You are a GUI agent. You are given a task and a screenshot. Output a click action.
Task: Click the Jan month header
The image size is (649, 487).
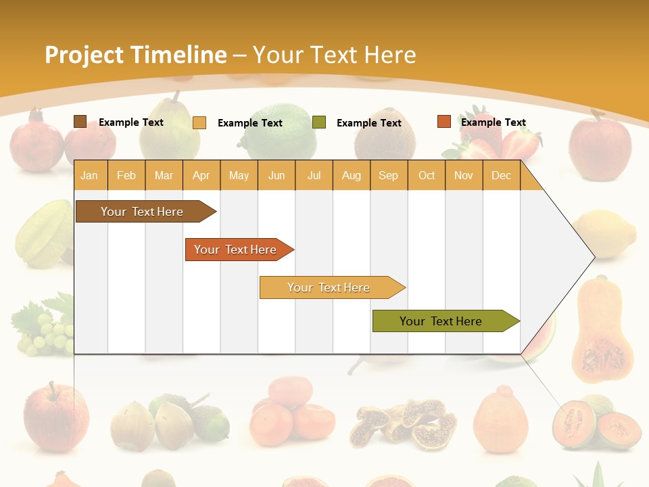pyautogui.click(x=89, y=175)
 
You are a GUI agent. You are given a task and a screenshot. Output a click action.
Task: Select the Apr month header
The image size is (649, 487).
pyautogui.click(x=201, y=175)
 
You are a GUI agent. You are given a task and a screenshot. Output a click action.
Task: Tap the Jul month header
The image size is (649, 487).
pyautogui.click(x=314, y=175)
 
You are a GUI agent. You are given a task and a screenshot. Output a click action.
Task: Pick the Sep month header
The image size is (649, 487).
pyautogui.click(x=388, y=175)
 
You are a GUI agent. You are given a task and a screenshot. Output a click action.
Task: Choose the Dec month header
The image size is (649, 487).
pyautogui.click(x=501, y=175)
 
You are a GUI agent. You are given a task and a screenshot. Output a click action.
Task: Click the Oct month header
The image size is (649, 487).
pyautogui.click(x=426, y=175)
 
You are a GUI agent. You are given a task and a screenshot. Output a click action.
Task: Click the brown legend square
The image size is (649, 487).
pyautogui.click(x=80, y=122)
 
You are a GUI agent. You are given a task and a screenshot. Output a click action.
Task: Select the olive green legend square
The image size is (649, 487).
pyautogui.click(x=319, y=122)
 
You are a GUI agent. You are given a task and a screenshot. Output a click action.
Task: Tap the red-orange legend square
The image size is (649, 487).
pyautogui.click(x=443, y=122)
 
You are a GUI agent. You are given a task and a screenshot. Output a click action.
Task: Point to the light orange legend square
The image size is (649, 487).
pyautogui.click(x=199, y=122)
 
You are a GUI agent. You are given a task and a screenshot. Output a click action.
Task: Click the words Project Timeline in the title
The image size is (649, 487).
pyautogui.click(x=135, y=55)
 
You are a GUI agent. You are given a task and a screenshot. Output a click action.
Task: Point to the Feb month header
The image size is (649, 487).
pyautogui.click(x=126, y=175)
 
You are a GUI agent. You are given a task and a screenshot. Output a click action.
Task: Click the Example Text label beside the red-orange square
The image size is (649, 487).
pyautogui.click(x=493, y=122)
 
